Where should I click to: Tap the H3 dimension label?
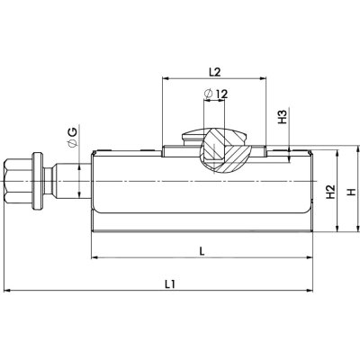tap(283, 117)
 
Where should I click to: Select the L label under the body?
tap(202, 251)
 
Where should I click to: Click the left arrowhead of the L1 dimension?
tap(8, 291)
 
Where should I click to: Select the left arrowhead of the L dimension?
tap(94, 258)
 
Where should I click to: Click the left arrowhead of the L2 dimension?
tap(166, 78)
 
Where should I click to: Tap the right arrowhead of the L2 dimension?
tap(268, 78)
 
